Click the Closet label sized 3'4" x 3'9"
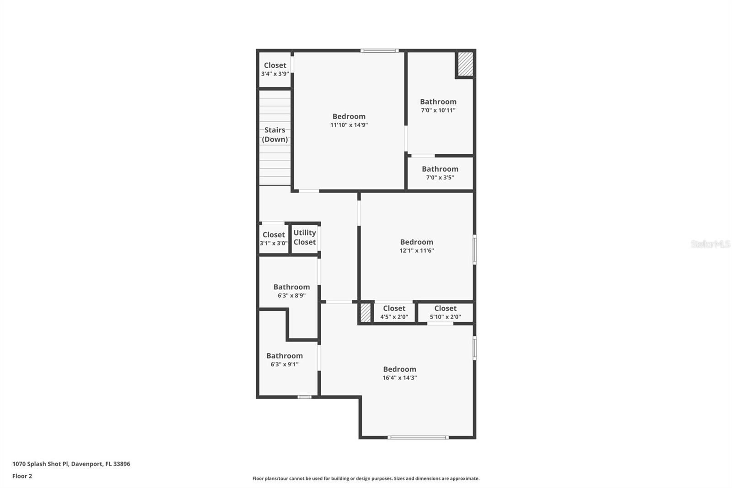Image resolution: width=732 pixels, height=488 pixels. [x=275, y=65]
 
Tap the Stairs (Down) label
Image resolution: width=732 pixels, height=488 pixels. [x=275, y=135]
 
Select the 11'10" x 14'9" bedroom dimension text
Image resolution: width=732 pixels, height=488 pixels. [x=349, y=125]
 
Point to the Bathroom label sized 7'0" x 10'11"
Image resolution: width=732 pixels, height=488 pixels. [x=438, y=102]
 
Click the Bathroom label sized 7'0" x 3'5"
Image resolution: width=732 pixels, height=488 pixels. [x=440, y=169]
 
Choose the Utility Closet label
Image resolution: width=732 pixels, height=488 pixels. [x=305, y=237]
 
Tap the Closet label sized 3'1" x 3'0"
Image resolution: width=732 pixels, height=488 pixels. [x=274, y=235]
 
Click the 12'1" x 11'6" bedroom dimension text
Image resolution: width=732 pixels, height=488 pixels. [x=416, y=250]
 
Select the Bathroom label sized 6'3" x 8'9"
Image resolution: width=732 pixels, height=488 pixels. [x=291, y=287]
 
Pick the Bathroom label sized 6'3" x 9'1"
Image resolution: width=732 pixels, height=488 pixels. [x=285, y=356]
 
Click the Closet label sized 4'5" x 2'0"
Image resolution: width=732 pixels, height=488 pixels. [x=394, y=309]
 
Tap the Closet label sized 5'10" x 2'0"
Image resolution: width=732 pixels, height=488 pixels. [x=445, y=309]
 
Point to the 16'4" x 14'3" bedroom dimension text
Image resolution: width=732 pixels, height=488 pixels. [x=399, y=378]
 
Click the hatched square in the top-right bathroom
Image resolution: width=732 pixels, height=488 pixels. [x=465, y=64]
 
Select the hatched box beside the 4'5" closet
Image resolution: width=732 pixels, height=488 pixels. [x=365, y=313]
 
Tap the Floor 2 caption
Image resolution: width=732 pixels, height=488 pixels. [x=22, y=476]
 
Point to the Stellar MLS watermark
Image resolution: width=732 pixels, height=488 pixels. [x=710, y=244]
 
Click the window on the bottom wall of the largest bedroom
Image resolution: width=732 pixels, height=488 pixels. [x=418, y=438]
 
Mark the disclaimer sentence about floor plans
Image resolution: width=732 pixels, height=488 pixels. [x=366, y=478]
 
